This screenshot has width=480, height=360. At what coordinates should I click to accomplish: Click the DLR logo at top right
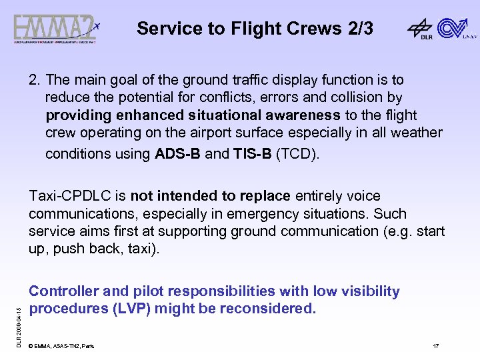(x=421, y=29)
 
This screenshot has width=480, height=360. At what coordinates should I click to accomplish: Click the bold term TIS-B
(x=252, y=155)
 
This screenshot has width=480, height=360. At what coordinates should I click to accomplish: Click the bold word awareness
(x=301, y=115)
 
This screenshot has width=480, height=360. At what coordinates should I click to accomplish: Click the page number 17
(x=435, y=346)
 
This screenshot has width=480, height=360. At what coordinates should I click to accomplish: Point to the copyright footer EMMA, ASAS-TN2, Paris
(x=62, y=346)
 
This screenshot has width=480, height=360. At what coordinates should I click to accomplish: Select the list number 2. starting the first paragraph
(x=35, y=80)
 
